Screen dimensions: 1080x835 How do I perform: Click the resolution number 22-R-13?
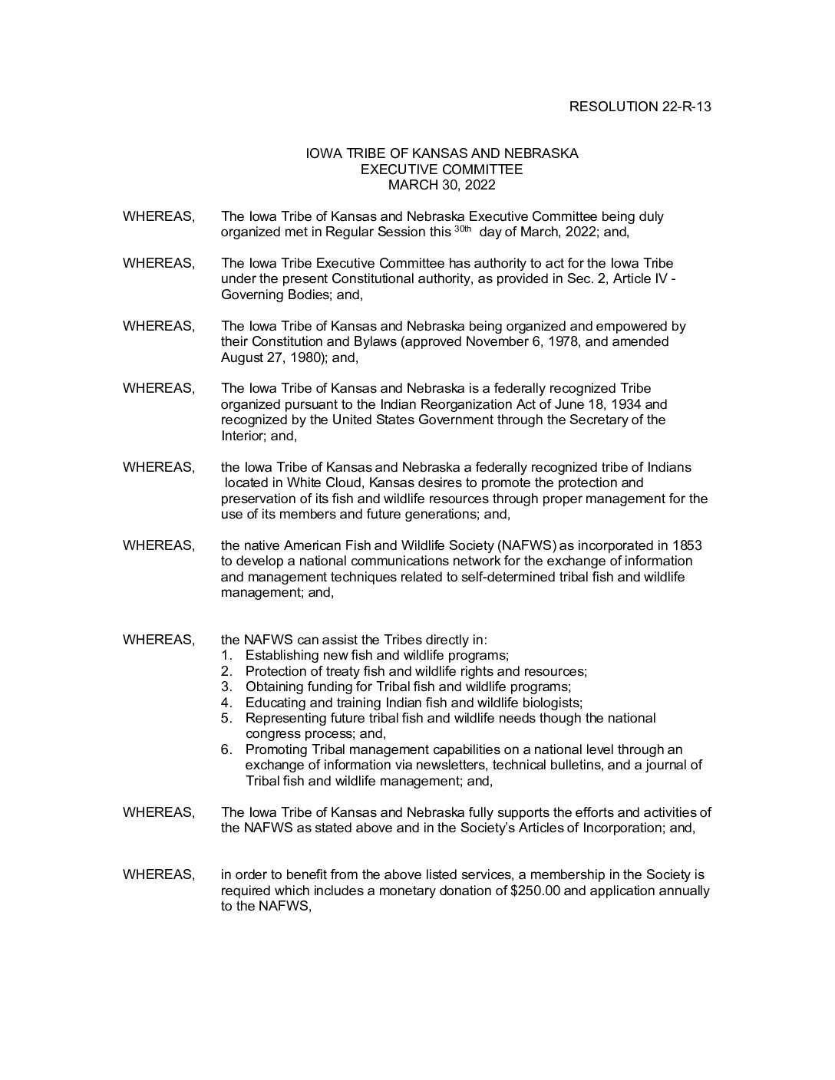(685, 107)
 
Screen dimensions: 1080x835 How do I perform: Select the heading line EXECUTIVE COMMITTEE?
(441, 170)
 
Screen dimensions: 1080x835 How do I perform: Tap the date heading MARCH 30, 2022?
(441, 185)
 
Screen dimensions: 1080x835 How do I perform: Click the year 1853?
(687, 545)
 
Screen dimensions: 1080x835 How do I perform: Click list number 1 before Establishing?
(226, 656)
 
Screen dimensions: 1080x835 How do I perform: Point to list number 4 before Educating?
(226, 703)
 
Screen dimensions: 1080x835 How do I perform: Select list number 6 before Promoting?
(226, 749)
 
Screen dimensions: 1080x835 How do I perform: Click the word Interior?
(242, 436)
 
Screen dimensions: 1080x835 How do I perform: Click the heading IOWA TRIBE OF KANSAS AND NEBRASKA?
(441, 153)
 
